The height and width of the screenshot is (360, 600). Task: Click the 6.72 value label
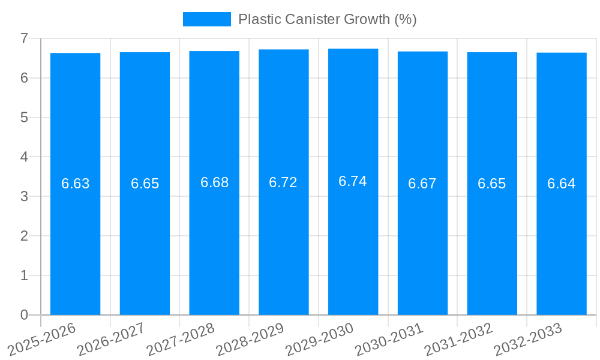283,182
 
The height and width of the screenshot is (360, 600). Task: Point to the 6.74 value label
353,181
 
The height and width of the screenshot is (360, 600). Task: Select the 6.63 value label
75,184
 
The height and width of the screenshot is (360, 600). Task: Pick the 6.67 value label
422,184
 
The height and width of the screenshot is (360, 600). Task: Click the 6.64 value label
562,184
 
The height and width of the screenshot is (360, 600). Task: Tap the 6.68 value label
214,182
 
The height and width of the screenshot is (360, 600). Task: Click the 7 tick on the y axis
24,38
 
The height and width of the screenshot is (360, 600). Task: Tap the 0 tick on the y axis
24,315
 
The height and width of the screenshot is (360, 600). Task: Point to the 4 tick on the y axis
24,157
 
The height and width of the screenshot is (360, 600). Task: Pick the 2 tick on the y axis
24,236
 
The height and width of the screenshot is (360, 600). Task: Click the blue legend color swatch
206,19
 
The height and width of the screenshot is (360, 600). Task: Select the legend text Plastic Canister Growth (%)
327,19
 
